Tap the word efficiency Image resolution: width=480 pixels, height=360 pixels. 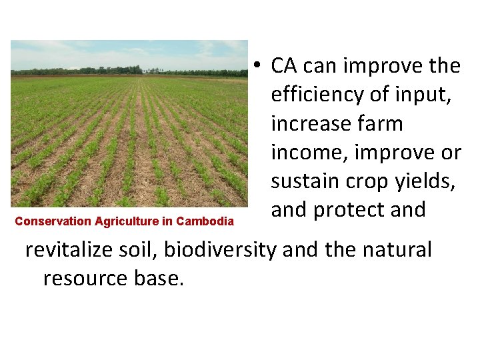(319, 95)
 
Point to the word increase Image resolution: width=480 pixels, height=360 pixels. (312, 124)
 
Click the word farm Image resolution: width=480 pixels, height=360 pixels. (382, 124)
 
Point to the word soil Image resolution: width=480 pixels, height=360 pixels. (143, 250)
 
